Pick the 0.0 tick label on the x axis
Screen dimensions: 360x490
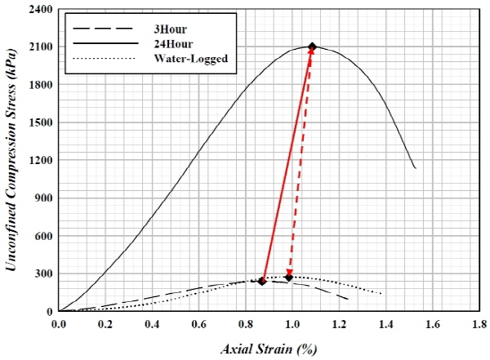click(59, 324)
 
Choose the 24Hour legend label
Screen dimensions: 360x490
click(171, 42)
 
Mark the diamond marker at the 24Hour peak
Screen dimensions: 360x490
click(312, 47)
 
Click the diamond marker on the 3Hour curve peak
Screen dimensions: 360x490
click(262, 281)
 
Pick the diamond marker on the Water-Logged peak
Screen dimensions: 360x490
click(289, 277)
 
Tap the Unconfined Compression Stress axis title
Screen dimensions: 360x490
click(14, 161)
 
